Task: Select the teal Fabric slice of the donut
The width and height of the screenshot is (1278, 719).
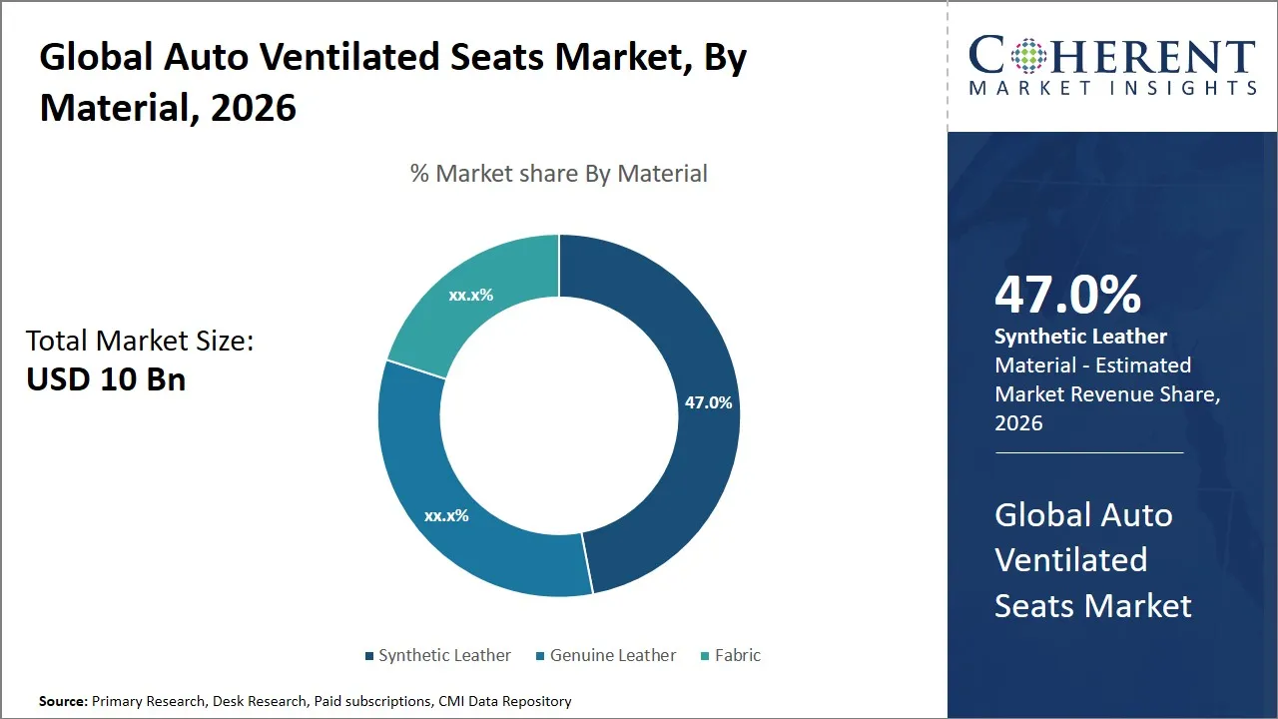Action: tap(469, 300)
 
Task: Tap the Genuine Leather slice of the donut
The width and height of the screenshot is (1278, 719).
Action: tap(449, 499)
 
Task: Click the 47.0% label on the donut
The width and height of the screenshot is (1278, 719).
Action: tap(708, 403)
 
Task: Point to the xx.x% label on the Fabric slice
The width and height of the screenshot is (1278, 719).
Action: tap(470, 296)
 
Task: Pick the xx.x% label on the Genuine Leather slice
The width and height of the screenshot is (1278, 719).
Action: tap(446, 516)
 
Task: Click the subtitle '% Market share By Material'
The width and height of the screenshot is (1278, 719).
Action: tap(558, 174)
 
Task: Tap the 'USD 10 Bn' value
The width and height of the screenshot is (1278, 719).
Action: tap(106, 380)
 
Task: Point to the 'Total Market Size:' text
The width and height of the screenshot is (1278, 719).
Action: tap(140, 342)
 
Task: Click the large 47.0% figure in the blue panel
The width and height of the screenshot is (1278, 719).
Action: tap(1067, 296)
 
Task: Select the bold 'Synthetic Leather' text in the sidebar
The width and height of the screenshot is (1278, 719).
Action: tap(1080, 337)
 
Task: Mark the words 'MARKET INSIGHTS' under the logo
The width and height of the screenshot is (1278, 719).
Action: tap(1112, 89)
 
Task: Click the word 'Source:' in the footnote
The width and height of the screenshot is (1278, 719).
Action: tap(63, 702)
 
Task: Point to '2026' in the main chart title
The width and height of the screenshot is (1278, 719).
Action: tap(254, 107)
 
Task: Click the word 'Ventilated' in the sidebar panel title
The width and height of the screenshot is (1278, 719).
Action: tap(1070, 560)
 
